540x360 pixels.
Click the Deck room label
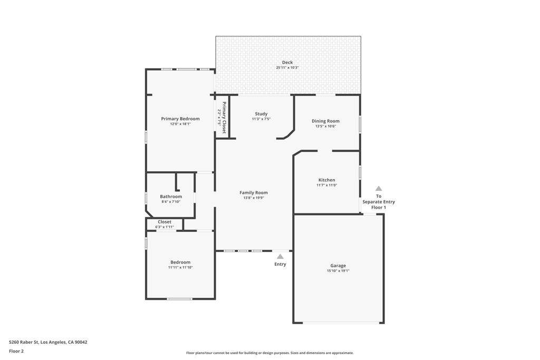287,62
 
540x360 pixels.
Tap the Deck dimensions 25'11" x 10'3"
287,67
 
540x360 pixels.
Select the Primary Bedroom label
180,119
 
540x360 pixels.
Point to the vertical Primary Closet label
224,118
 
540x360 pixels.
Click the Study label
261,114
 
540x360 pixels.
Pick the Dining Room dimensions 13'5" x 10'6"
325,127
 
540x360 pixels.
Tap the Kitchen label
326,180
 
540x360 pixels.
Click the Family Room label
254,193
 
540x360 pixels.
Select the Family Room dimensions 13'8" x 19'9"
254,198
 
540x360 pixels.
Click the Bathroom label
171,197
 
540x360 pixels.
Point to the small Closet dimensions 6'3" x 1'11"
165,227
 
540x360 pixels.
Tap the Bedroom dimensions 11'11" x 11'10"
180,267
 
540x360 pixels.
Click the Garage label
338,266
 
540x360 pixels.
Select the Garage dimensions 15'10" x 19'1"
338,271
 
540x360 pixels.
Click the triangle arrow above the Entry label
280,256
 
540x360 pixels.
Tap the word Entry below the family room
280,264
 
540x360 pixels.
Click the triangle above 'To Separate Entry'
379,188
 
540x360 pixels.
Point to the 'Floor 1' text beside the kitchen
379,208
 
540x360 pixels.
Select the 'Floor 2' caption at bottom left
16,351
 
